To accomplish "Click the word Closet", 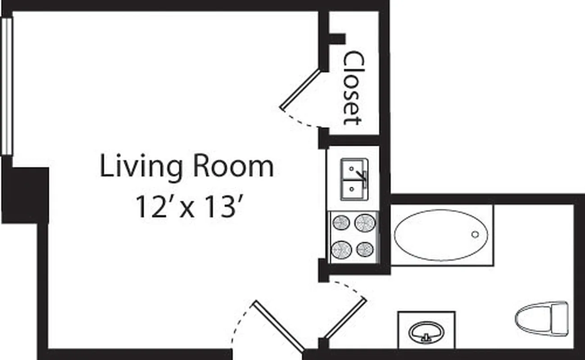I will click(x=353, y=88).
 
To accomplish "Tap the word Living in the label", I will click(x=141, y=167).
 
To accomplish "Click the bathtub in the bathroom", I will click(x=441, y=235).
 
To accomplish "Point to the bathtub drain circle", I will click(x=475, y=234).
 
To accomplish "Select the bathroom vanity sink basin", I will click(x=426, y=332).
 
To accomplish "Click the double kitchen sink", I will click(x=354, y=180).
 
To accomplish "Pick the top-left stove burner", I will click(x=341, y=222).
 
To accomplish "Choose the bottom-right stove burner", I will click(x=364, y=249).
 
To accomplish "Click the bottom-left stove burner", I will click(x=341, y=249).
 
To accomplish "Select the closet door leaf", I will click(x=300, y=90).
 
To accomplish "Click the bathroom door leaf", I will click(x=345, y=318).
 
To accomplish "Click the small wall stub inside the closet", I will click(x=337, y=39).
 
